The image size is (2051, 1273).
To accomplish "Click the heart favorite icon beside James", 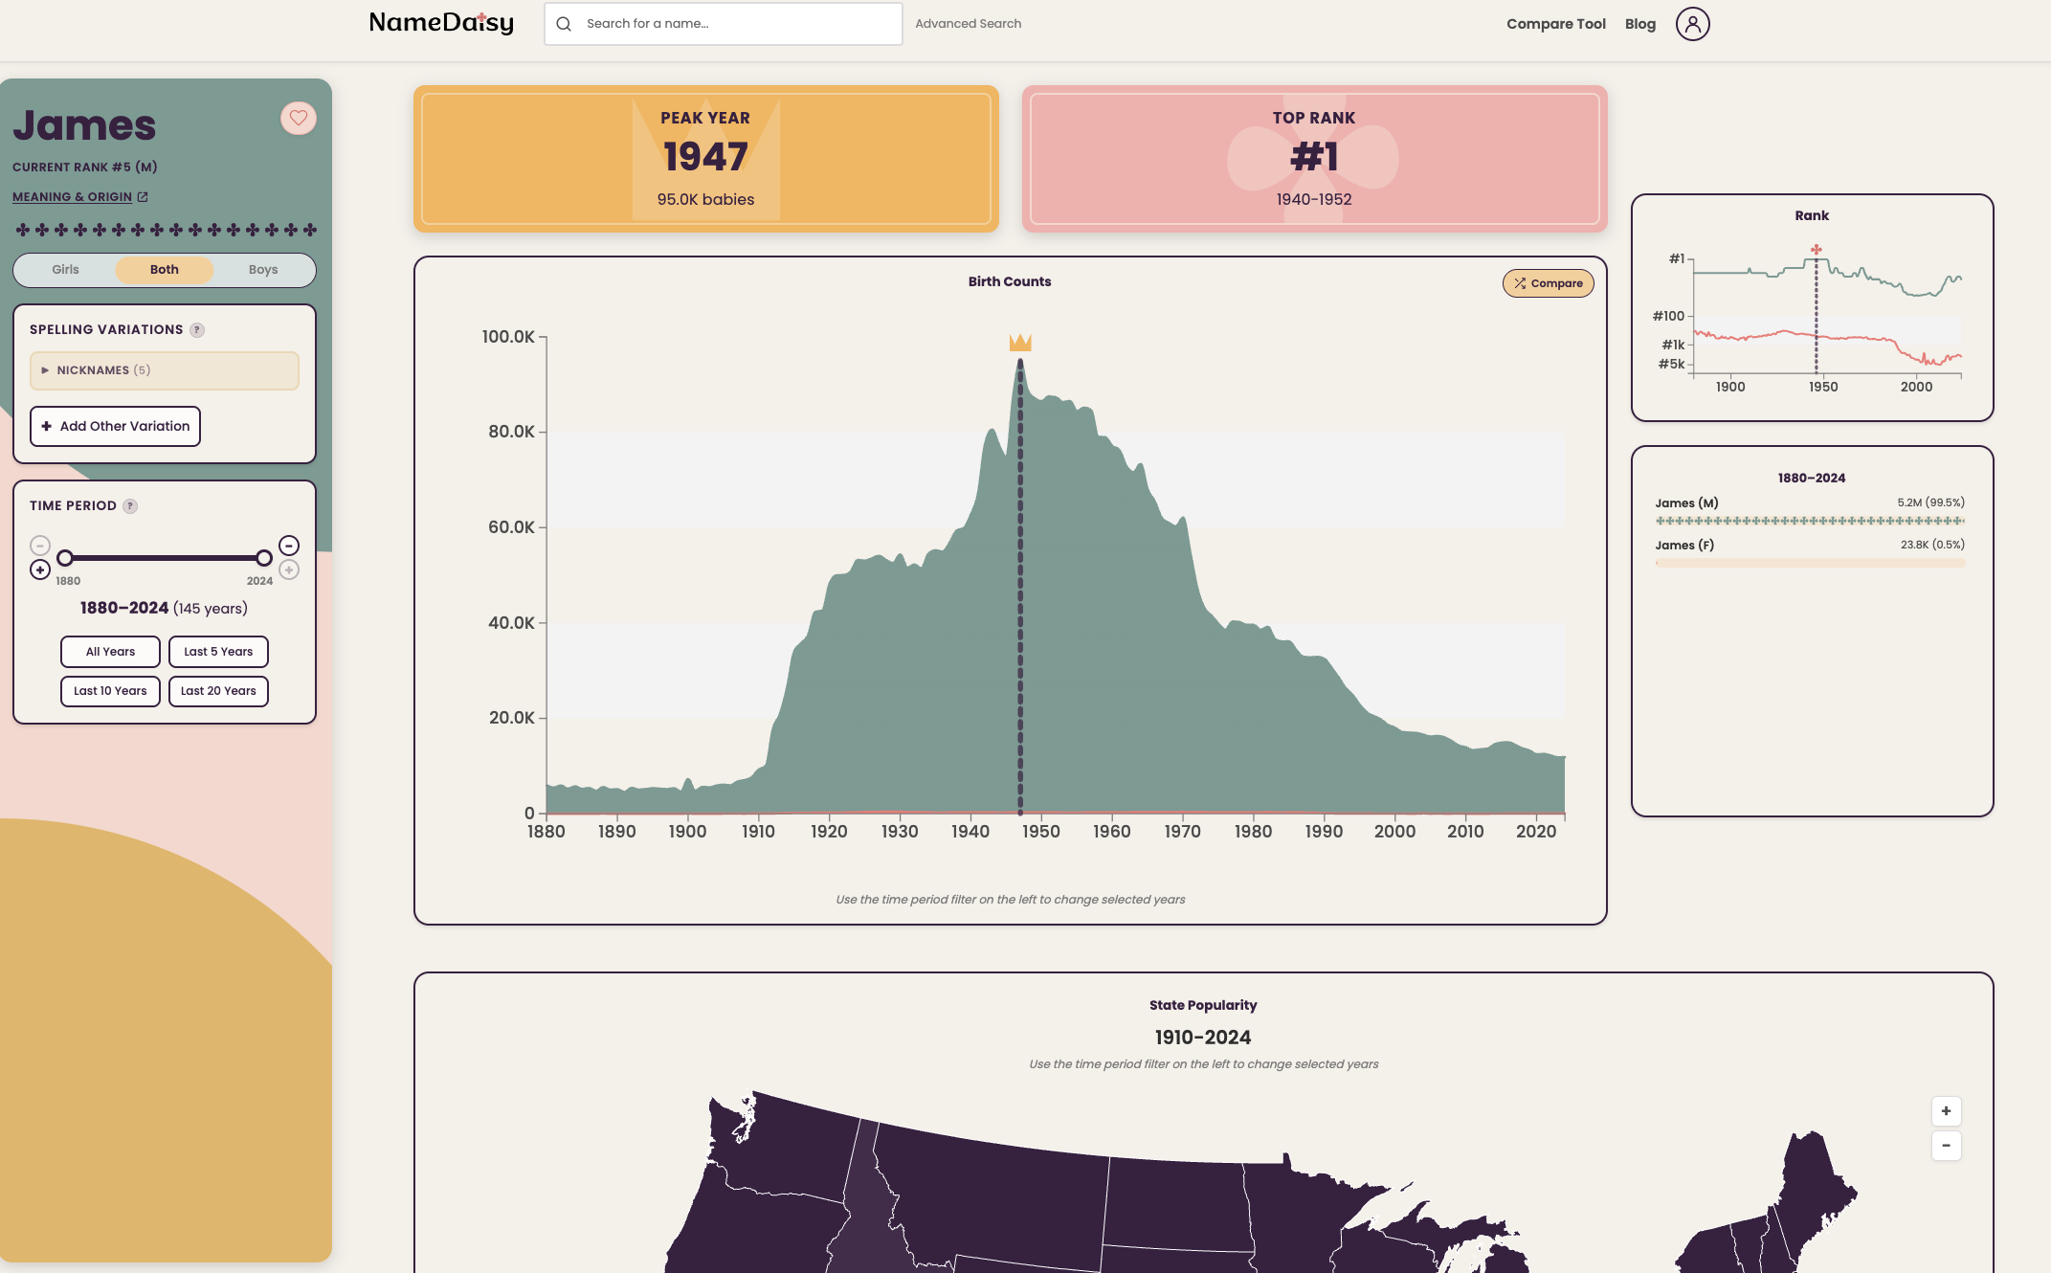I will (x=299, y=118).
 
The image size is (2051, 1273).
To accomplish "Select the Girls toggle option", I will (x=65, y=270).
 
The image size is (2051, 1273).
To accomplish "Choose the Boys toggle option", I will (x=262, y=270).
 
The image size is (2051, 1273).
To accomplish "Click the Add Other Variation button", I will (x=115, y=426).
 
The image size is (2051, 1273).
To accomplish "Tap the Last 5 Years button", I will (x=218, y=652).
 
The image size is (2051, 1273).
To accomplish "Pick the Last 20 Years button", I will (x=218, y=691).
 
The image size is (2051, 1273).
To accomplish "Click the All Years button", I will (x=110, y=652).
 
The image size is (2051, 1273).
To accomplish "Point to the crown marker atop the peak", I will (x=1020, y=343).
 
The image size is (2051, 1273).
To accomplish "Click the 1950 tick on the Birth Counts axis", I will (x=1040, y=832).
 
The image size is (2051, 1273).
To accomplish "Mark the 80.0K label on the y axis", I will (x=511, y=432).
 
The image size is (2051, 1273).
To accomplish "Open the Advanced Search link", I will (x=968, y=24).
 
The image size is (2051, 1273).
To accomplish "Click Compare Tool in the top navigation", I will (x=1555, y=24).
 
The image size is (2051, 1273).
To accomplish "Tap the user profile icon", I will (x=1692, y=24).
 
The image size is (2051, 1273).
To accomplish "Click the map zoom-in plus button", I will (x=1946, y=1111).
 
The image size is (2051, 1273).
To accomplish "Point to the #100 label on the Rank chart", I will (x=1668, y=316).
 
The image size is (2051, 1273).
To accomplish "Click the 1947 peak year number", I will (x=705, y=157).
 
